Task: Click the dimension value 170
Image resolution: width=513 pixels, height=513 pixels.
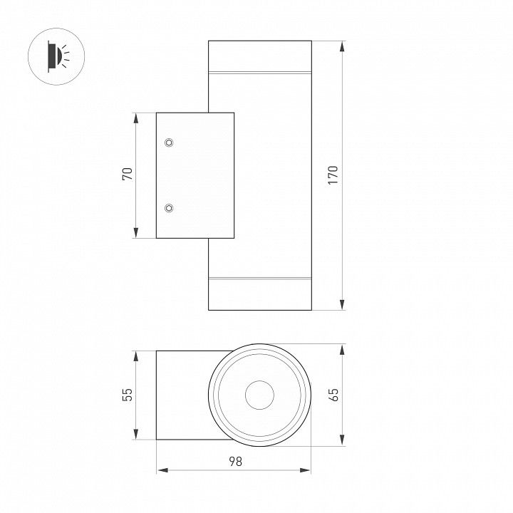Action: pos(333,175)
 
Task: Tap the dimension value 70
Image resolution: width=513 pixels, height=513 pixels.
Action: pos(128,174)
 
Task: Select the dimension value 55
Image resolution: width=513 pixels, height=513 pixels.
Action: pos(128,395)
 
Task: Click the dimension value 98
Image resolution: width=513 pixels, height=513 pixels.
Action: pos(235,461)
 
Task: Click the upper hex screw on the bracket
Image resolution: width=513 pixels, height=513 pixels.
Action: pos(169,142)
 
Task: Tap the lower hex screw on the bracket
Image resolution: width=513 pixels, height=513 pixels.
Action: pos(169,208)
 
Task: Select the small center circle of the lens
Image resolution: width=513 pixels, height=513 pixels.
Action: pos(259,395)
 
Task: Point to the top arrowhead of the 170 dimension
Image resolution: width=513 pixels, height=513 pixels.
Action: pos(342,46)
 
